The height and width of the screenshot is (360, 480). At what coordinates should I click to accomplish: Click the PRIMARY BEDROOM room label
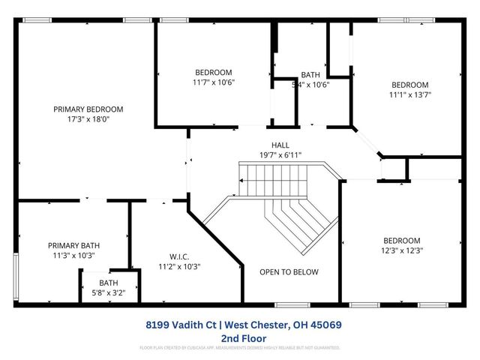(88, 109)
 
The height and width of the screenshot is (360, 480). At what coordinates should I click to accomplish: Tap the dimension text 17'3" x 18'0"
(88, 118)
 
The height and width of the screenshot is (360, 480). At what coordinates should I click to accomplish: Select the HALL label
(280, 145)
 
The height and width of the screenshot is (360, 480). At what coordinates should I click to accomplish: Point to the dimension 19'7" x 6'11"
(280, 154)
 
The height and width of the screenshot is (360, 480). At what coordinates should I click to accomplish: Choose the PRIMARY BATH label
(74, 245)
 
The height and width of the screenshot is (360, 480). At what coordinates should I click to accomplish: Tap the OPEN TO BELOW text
(289, 272)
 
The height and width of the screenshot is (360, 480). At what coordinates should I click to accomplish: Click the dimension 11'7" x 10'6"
(214, 82)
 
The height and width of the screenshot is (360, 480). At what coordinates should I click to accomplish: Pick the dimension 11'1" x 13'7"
(410, 94)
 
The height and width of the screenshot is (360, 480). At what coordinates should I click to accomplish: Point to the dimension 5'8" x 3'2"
(109, 292)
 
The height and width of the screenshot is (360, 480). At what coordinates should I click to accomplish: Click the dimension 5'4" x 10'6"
(310, 84)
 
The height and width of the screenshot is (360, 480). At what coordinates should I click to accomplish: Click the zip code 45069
(327, 325)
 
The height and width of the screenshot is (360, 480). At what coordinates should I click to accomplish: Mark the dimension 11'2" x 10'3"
(179, 266)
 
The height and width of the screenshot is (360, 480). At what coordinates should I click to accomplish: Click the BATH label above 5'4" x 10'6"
(310, 75)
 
